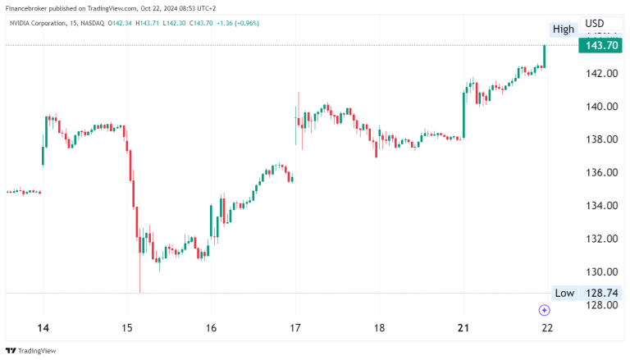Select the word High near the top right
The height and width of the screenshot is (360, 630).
pyautogui.click(x=564, y=29)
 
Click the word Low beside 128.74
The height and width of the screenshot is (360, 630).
pyautogui.click(x=564, y=293)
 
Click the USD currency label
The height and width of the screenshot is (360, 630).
pyautogui.click(x=595, y=23)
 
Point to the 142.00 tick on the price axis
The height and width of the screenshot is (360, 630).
pyautogui.click(x=600, y=73)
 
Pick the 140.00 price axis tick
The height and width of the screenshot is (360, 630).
pyautogui.click(x=600, y=107)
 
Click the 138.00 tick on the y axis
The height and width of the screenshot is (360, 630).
pyautogui.click(x=600, y=139)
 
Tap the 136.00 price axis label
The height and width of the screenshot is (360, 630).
pyautogui.click(x=600, y=172)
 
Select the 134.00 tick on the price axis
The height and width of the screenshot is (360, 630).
pyautogui.click(x=600, y=206)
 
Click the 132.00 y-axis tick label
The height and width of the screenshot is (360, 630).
pyautogui.click(x=600, y=239)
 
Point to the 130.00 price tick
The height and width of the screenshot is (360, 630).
pyautogui.click(x=600, y=272)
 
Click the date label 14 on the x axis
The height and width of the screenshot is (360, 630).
pyautogui.click(x=43, y=328)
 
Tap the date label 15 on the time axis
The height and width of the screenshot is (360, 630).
pyautogui.click(x=127, y=328)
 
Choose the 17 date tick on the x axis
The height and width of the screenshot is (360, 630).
pyautogui.click(x=295, y=328)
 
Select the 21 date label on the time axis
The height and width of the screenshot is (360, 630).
pyautogui.click(x=463, y=328)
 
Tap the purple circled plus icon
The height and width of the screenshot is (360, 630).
pyautogui.click(x=544, y=310)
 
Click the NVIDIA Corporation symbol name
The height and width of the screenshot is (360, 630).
pyautogui.click(x=42, y=23)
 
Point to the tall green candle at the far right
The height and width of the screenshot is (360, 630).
pyautogui.click(x=544, y=56)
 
